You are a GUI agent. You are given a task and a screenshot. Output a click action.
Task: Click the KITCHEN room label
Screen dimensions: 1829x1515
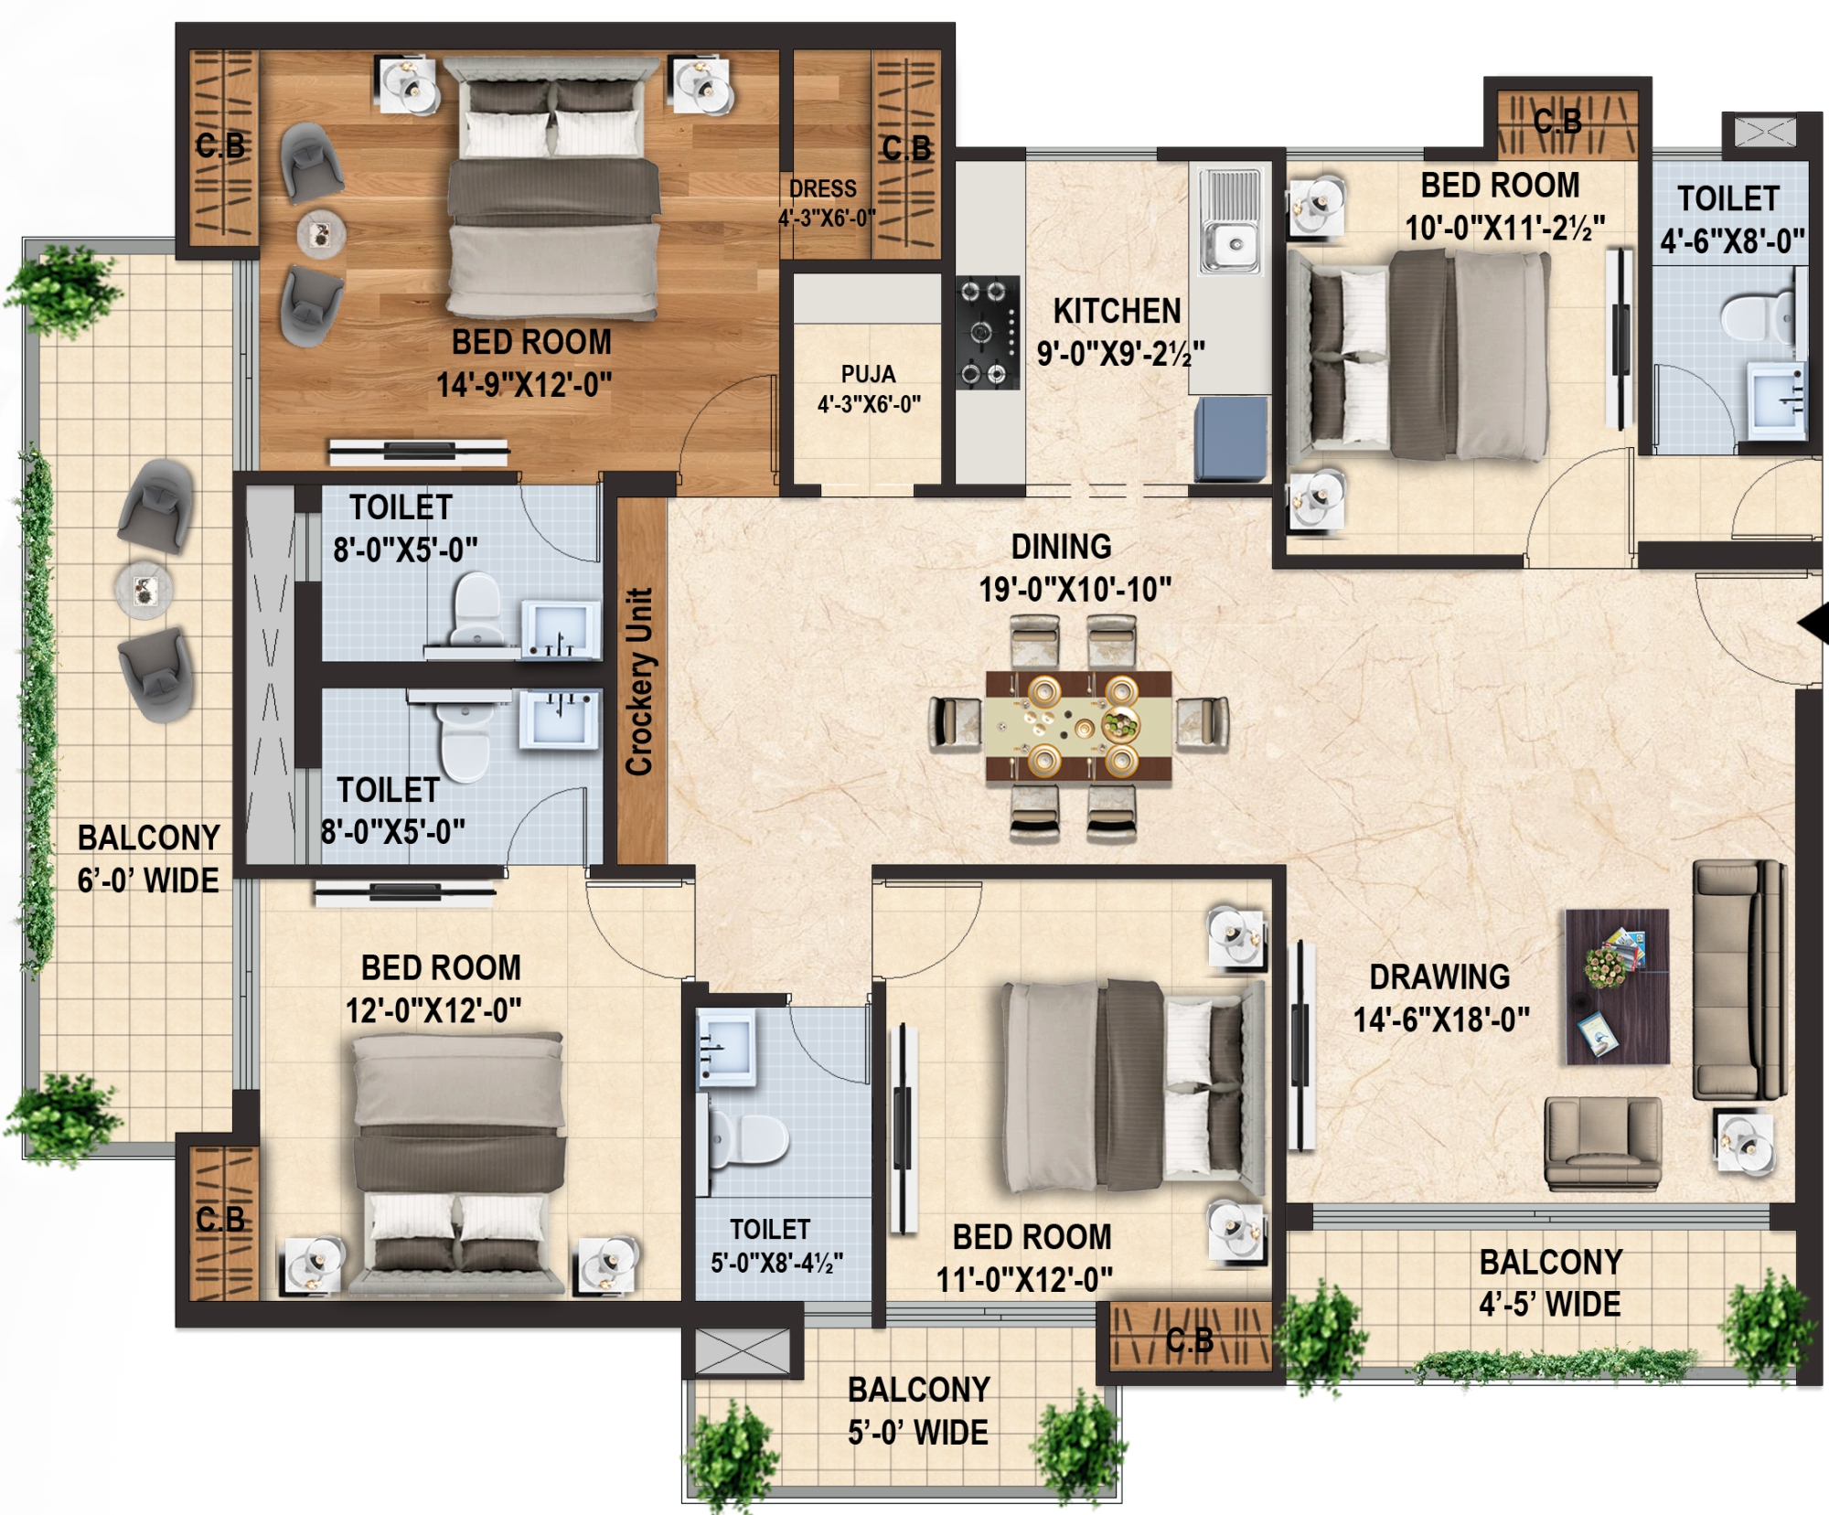[x=1117, y=312]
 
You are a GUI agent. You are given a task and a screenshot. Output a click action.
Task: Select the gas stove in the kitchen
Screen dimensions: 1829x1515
[x=988, y=333]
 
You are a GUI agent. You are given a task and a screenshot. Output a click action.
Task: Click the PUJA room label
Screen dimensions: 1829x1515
[x=869, y=374]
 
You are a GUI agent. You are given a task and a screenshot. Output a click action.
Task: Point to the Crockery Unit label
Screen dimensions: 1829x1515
[x=639, y=682]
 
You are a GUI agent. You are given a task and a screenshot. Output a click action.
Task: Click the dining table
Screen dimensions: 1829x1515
[x=1079, y=726]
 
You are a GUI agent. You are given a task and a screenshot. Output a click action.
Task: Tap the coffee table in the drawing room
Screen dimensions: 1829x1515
[x=1617, y=987]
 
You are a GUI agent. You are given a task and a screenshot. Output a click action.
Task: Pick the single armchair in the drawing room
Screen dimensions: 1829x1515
[x=1603, y=1143]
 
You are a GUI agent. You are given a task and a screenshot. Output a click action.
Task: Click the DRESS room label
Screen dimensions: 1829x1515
[x=823, y=189]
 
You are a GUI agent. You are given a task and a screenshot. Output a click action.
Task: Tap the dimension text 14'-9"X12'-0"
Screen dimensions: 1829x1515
[x=524, y=385]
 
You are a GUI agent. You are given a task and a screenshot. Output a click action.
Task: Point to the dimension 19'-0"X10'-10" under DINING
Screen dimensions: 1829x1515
[x=1075, y=590]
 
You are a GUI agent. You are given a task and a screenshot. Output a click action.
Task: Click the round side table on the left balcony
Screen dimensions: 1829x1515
[x=144, y=590]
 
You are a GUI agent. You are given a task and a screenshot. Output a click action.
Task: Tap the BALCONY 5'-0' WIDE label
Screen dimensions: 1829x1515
[x=918, y=1411]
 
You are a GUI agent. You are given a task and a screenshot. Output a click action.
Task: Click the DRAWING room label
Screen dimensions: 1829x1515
[x=1439, y=977]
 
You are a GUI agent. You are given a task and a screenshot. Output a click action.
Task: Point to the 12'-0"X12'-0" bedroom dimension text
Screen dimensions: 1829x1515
[x=433, y=1011]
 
